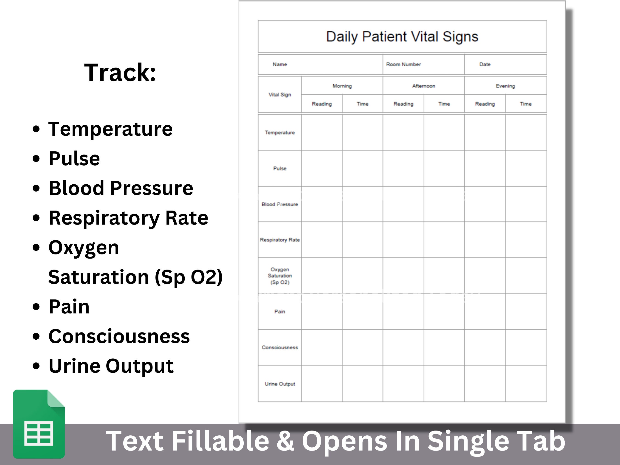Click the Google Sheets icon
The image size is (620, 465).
tap(39, 424)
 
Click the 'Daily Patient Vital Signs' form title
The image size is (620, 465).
tap(402, 37)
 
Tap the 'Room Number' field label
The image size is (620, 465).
tap(403, 65)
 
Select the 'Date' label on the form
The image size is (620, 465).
tap(485, 65)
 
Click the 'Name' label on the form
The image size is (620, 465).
tap(279, 65)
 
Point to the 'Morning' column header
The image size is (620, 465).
tap(342, 86)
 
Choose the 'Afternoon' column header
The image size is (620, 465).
tap(423, 86)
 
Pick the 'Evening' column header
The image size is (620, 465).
tap(505, 86)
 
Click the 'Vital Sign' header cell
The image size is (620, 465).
tap(280, 95)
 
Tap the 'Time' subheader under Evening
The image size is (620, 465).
tap(526, 104)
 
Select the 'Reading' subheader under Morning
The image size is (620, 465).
tap(322, 104)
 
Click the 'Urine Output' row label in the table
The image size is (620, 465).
tap(280, 384)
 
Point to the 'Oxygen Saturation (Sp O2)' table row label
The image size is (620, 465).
tap(280, 276)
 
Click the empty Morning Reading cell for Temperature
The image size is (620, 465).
tap(322, 132)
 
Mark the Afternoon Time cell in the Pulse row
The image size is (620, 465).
tap(444, 168)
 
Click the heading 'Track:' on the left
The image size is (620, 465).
tap(120, 73)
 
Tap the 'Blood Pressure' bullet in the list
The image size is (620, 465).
tap(121, 188)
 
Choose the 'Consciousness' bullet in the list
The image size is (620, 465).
tap(119, 336)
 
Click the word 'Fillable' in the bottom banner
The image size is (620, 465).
tap(220, 441)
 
